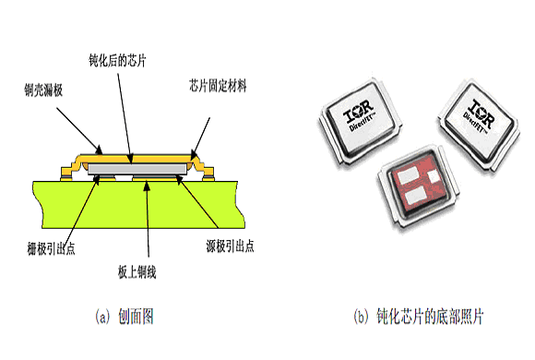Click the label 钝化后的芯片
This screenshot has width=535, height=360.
click(x=118, y=60)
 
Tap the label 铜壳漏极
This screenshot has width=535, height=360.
click(x=43, y=90)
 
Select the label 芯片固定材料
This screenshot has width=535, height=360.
click(x=218, y=86)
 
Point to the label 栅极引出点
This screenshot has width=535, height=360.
click(x=51, y=248)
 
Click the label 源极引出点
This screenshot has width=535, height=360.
click(x=230, y=246)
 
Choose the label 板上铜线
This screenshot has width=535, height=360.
click(x=137, y=272)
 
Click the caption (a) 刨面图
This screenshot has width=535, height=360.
click(x=125, y=317)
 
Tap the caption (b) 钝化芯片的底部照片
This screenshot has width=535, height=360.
click(x=419, y=317)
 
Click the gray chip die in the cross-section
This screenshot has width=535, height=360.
click(x=137, y=169)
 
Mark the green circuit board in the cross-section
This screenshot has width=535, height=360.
click(x=139, y=204)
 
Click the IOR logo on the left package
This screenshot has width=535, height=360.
click(x=358, y=111)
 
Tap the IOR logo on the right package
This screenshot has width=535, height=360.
click(x=481, y=113)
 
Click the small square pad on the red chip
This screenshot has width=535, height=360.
click(x=434, y=176)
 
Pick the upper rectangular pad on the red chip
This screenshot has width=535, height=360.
click(x=408, y=175)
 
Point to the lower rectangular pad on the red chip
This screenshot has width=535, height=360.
click(x=414, y=196)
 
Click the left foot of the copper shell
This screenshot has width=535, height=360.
click(x=65, y=174)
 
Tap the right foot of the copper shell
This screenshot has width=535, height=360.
click(x=208, y=174)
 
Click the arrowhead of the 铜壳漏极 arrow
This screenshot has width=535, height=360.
click(x=99, y=150)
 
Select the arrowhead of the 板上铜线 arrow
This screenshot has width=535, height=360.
click(x=147, y=186)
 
